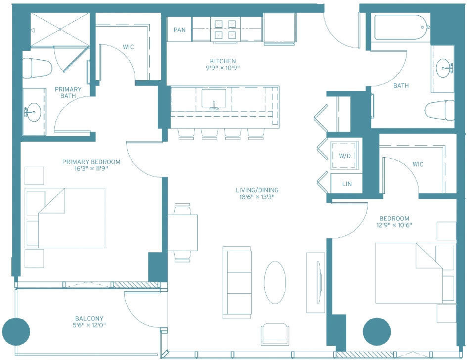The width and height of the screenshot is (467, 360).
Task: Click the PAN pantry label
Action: pyautogui.click(x=179, y=30)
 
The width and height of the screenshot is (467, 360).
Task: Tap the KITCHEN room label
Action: pyautogui.click(x=223, y=61)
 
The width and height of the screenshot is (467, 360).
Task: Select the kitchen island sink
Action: pyautogui.click(x=214, y=98)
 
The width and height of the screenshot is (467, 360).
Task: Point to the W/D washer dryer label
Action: pyautogui.click(x=345, y=156)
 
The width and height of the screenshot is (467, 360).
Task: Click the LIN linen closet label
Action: pyautogui.click(x=347, y=184)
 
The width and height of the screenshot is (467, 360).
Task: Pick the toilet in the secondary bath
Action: pyautogui.click(x=439, y=110)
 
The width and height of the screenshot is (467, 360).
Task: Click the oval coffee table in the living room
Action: pyautogui.click(x=275, y=282)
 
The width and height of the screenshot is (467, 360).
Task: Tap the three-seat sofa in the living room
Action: pyautogui.click(x=237, y=282)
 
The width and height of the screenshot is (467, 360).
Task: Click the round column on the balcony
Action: pyautogui.click(x=16, y=331)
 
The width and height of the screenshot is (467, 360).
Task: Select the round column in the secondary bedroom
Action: pyautogui.click(x=377, y=332)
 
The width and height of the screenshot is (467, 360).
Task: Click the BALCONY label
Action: pyautogui.click(x=89, y=318)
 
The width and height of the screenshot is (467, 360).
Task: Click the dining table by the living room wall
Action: pyautogui.click(x=183, y=232)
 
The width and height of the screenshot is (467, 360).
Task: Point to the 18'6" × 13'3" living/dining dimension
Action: pyautogui.click(x=257, y=196)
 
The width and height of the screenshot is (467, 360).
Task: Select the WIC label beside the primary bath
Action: pyautogui.click(x=128, y=47)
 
